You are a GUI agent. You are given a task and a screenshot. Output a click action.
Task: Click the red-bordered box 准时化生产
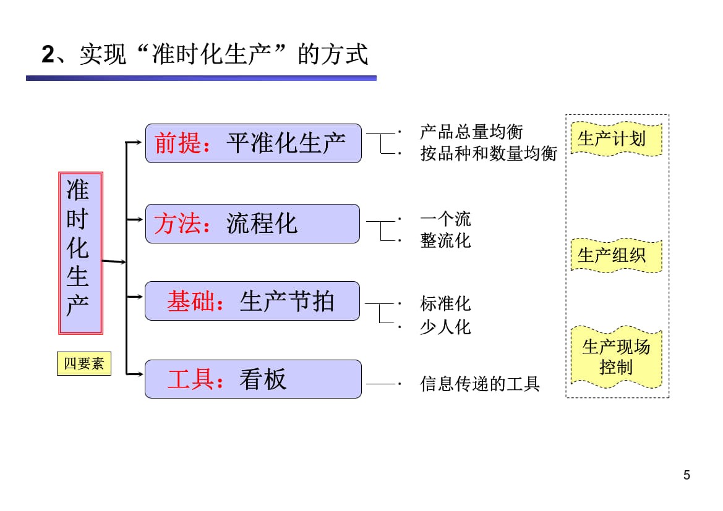coord(80,253)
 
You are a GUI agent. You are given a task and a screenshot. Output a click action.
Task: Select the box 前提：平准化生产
coord(253,143)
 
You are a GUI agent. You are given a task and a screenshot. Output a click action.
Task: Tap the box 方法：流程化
coord(252,224)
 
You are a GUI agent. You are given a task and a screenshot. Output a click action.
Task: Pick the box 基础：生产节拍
coord(252,301)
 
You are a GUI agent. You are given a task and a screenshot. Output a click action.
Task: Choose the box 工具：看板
coord(253,379)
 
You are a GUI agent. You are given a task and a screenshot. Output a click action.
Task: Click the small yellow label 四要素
coord(83,363)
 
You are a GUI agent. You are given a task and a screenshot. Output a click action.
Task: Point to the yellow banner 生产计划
coord(616,138)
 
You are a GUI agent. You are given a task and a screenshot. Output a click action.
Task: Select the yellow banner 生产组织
coord(616,255)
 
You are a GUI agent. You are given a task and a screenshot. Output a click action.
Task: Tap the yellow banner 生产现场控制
coord(616,357)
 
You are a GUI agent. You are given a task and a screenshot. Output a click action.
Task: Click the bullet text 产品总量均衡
coord(471,132)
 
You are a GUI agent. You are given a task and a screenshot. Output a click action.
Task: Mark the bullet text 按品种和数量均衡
coord(489,153)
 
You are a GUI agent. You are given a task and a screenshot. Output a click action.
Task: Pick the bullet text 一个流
coord(445,219)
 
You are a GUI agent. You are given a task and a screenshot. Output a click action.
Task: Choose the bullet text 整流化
coord(445,240)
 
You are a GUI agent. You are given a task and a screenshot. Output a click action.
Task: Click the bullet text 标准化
coord(445,303)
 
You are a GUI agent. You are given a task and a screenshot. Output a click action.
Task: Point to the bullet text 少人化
coord(445,327)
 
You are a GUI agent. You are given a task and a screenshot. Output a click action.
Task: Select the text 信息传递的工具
coord(480,384)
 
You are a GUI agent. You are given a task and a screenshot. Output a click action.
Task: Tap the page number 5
coord(687,475)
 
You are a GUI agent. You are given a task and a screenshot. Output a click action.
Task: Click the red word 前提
coord(178,143)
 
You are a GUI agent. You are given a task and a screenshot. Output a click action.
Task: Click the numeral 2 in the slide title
coord(48,56)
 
